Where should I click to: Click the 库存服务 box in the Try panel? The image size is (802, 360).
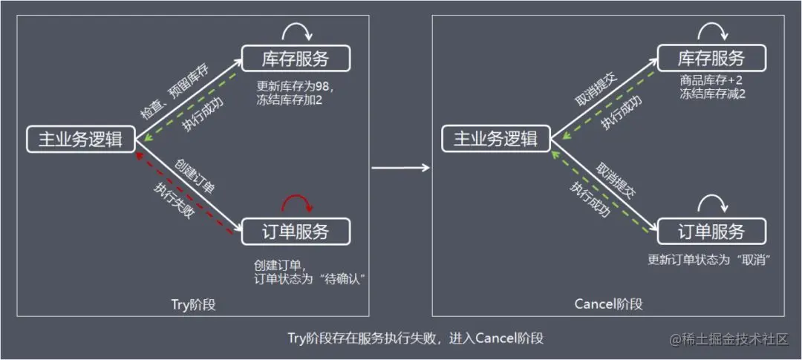[296, 59]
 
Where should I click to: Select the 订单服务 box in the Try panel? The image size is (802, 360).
[296, 231]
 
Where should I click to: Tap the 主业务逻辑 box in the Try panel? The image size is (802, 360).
[81, 139]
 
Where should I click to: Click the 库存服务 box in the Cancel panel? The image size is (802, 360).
[711, 59]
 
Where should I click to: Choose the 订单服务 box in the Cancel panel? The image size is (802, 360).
[711, 231]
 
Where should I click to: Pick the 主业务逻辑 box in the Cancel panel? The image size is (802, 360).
[496, 139]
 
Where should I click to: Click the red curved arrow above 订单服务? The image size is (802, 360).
[297, 201]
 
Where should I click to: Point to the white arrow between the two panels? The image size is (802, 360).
[400, 168]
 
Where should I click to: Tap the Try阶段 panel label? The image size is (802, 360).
[193, 304]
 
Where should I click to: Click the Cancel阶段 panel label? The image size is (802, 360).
[608, 304]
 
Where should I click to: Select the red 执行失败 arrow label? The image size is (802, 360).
[175, 199]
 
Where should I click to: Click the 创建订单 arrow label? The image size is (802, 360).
[195, 177]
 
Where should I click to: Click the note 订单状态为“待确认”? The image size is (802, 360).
[311, 278]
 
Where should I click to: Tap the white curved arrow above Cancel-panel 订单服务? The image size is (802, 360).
[713, 201]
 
